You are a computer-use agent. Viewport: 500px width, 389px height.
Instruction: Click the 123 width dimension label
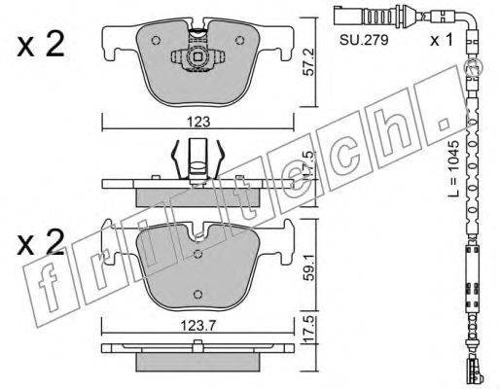198,122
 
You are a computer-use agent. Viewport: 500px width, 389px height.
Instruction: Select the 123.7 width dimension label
197,326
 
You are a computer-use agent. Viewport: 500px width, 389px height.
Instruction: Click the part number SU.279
364,40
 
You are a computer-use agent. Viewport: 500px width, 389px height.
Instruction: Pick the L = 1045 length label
454,168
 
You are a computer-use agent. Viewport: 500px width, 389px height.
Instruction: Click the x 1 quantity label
441,40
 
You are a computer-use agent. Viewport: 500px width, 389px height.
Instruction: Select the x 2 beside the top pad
41,47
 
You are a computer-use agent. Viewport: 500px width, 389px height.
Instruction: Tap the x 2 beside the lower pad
41,243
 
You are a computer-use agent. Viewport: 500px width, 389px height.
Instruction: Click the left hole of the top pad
156,40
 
